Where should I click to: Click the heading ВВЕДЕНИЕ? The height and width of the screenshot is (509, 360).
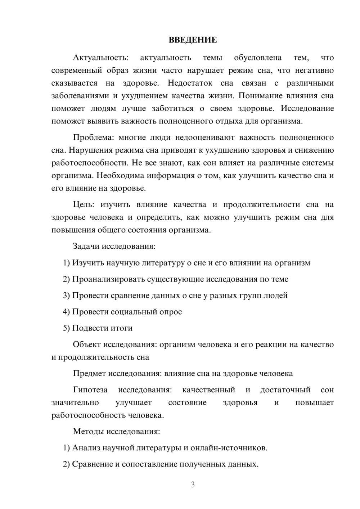click(x=193, y=40)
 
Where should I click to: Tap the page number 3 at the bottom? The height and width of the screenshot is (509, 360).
click(x=193, y=485)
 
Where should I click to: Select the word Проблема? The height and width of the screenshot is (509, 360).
click(x=93, y=138)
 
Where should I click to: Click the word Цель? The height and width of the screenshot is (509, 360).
click(x=83, y=205)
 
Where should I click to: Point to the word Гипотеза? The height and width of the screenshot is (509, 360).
click(x=90, y=390)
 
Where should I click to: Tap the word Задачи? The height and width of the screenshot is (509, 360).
click(x=86, y=247)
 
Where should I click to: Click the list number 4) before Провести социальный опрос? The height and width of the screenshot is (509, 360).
click(x=66, y=312)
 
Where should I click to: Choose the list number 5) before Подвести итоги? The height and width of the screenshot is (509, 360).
click(x=66, y=328)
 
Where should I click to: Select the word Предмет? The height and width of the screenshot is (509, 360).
click(x=89, y=373)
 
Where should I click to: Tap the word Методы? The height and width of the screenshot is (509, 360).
click(x=89, y=431)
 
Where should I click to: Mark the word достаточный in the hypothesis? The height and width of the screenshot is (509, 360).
click(x=285, y=390)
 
